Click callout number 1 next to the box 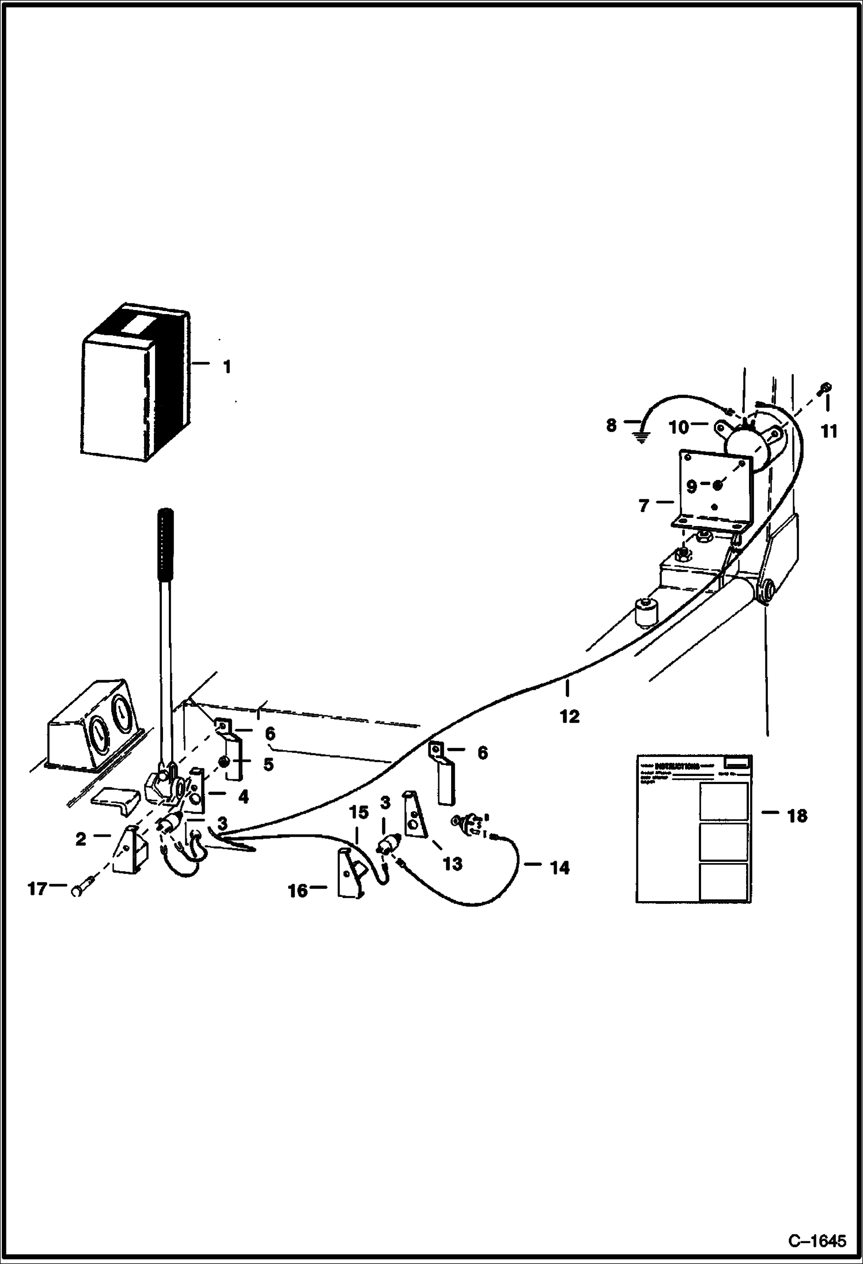[227, 366]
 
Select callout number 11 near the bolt [828, 431]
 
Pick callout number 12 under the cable [570, 717]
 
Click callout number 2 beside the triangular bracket [81, 839]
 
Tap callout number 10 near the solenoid [679, 427]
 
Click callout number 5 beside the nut [268, 764]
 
